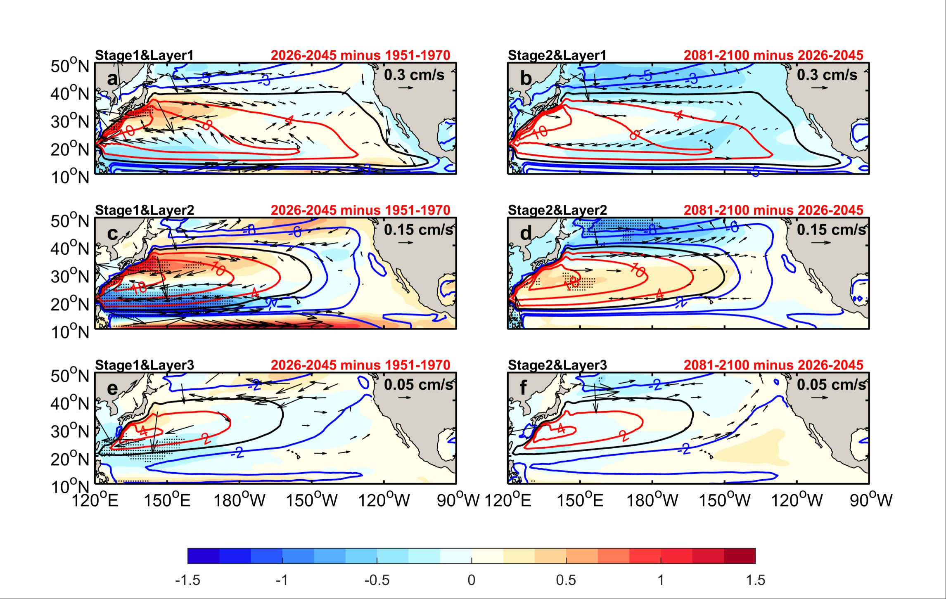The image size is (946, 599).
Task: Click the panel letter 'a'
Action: coord(112,78)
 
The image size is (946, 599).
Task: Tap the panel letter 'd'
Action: coord(525,234)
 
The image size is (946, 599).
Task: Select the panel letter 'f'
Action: coord(524,388)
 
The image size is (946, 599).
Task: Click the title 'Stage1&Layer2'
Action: coord(144,210)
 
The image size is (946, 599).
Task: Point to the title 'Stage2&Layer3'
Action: coord(557,365)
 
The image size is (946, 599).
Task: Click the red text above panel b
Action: coord(773,55)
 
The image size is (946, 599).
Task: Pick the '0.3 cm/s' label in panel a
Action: coord(414,75)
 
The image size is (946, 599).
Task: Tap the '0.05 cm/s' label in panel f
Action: coord(831,384)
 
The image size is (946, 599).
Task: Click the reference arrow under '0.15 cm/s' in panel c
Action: coord(405,242)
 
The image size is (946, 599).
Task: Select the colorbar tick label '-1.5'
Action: coord(187,580)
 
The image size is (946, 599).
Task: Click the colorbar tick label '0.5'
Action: coord(566,580)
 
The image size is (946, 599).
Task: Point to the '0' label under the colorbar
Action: coord(472,580)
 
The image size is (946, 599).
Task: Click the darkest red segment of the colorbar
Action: coord(740,556)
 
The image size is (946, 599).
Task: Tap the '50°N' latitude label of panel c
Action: coord(70,221)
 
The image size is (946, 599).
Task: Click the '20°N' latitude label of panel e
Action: coord(70,459)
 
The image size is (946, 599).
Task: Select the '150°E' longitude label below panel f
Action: coord(580,501)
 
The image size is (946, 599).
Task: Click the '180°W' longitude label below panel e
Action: coord(239,501)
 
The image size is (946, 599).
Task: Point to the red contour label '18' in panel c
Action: coord(139,286)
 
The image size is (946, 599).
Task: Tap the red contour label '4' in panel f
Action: coord(561,429)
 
